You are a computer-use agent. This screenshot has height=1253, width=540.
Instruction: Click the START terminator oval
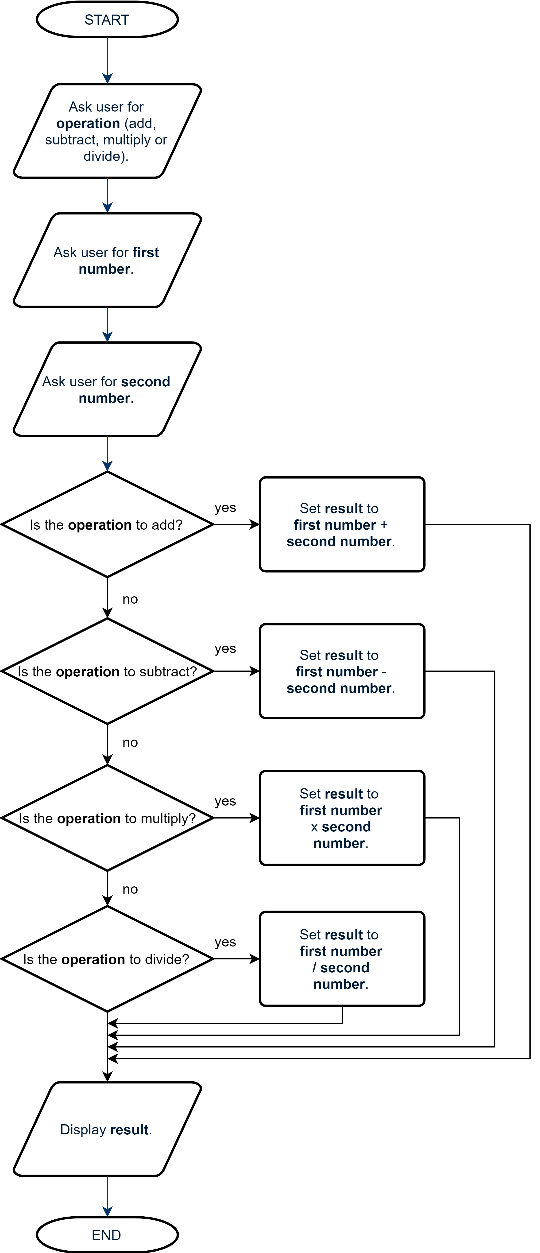(107, 19)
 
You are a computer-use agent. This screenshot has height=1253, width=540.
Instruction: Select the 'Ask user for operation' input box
(107, 131)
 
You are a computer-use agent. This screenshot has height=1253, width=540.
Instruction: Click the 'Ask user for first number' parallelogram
(107, 260)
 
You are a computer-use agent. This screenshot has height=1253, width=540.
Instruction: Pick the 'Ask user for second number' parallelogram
(107, 389)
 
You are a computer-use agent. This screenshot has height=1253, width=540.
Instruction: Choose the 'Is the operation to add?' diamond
(107, 524)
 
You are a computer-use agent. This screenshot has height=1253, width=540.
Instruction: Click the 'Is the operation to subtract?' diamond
(107, 671)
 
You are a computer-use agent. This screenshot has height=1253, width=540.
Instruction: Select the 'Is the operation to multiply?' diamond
(107, 818)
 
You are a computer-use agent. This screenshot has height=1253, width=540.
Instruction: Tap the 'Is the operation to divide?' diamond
(107, 959)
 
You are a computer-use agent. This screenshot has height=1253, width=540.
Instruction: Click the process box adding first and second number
(342, 524)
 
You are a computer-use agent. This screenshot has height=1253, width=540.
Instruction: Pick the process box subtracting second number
(342, 671)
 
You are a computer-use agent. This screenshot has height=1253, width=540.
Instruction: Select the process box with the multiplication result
(342, 818)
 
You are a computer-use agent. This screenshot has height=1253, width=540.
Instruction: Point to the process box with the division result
(342, 959)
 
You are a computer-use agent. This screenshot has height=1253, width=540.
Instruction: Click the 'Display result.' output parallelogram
(107, 1129)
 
